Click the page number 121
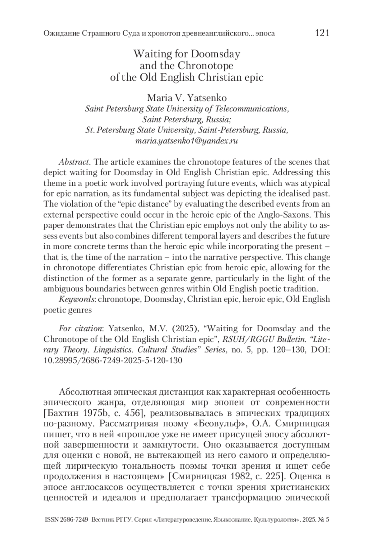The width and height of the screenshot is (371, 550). click(322, 33)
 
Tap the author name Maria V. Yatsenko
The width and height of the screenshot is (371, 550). click(187, 98)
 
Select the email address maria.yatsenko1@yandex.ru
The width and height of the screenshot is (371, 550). click(187, 141)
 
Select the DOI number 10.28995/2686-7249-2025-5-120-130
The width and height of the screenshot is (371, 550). click(113, 360)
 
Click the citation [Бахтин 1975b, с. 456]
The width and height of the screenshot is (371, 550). click(94, 413)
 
